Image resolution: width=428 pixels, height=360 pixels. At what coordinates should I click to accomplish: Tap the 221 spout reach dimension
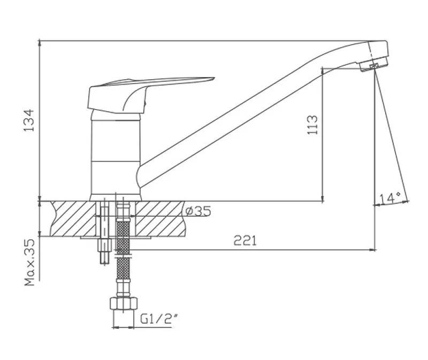click(x=246, y=241)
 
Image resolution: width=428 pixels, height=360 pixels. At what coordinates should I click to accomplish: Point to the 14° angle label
click(x=389, y=198)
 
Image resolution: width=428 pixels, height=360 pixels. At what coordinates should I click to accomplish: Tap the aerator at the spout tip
click(x=372, y=66)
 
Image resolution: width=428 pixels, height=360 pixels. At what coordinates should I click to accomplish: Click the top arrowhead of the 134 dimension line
click(x=40, y=43)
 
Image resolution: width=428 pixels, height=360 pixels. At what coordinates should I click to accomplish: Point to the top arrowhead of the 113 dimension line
click(x=323, y=71)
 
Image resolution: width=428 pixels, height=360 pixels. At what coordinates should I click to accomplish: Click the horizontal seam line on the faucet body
click(x=115, y=160)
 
